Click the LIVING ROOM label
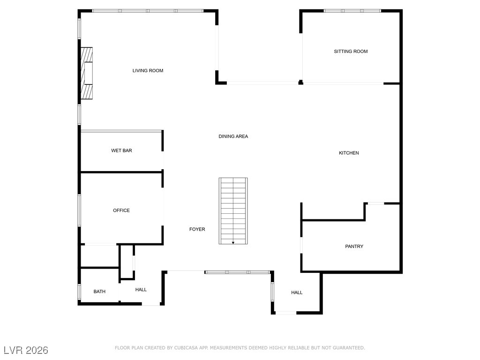coord(148,71)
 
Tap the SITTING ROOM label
coord(351,52)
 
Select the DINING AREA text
coord(233,136)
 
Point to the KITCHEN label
coord(349,153)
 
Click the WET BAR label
coord(121,150)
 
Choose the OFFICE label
coord(121,210)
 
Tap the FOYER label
coord(197,229)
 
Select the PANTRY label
coord(354,247)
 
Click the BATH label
coord(99,292)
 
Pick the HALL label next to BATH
coord(141,290)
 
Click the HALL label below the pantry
coord(297,292)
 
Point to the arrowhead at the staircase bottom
coord(233,243)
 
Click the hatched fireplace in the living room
coord(86,73)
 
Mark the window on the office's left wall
coord(79,210)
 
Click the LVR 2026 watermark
coord(25,350)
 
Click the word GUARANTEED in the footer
coord(348,348)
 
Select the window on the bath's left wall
coord(79,292)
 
